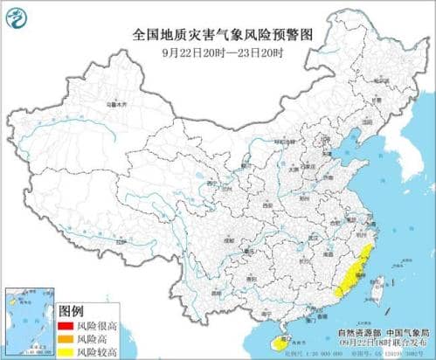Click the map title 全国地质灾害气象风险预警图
[218, 35]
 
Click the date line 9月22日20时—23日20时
[218, 51]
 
